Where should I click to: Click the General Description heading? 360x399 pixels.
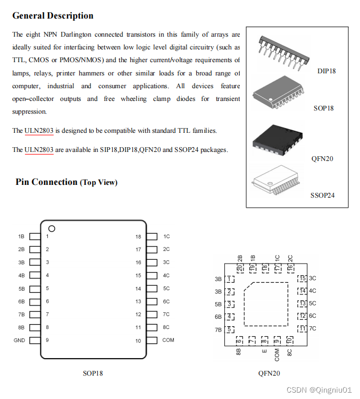(x=53, y=15)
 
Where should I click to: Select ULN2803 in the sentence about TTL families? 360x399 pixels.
(x=39, y=131)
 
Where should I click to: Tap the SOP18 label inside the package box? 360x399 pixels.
(x=323, y=108)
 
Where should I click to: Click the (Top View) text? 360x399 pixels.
(x=99, y=182)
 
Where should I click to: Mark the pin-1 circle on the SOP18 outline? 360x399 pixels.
(x=52, y=229)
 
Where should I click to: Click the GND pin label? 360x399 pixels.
(x=19, y=341)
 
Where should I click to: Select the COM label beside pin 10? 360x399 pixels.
(x=168, y=341)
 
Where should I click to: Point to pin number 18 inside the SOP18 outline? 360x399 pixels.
(x=138, y=236)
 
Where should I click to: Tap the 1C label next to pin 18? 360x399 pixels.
(x=166, y=236)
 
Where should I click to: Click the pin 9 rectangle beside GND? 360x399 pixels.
(x=35, y=341)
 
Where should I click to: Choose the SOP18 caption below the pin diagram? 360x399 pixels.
(x=93, y=373)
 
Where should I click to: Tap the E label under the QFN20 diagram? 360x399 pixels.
(x=264, y=351)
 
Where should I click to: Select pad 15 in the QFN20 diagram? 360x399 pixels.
(x=302, y=278)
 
